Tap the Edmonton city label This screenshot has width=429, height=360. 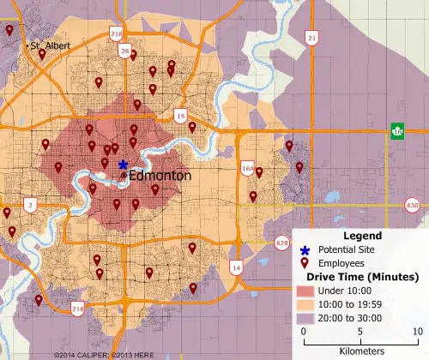click(x=160, y=175)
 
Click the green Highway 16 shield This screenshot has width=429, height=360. click(x=397, y=130)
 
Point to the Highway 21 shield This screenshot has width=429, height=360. click(x=311, y=39)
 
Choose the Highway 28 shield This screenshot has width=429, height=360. click(x=125, y=52)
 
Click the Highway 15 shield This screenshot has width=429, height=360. click(x=180, y=114)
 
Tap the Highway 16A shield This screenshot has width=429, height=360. click(x=247, y=168)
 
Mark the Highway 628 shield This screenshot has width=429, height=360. click(x=282, y=243)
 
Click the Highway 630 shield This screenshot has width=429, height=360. click(x=413, y=206)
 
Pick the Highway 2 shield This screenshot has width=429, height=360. click(x=31, y=205)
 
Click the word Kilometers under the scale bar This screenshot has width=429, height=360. click(x=360, y=351)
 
